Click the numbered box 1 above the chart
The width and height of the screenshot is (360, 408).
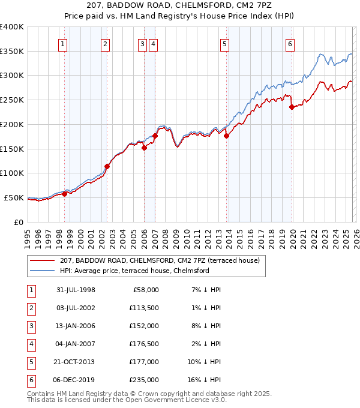[x=63, y=43]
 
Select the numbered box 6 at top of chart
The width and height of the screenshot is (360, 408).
[x=290, y=43]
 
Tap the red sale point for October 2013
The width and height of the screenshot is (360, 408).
[x=227, y=136]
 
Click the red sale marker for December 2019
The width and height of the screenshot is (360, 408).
[x=292, y=107]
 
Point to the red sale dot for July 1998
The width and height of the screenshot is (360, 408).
[x=64, y=194]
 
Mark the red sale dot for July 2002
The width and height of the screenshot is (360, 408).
[x=107, y=166]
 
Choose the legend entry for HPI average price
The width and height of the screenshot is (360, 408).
[x=134, y=271]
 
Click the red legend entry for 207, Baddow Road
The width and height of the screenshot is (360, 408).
[x=159, y=260]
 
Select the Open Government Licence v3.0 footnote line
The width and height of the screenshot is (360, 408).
[x=127, y=400]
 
